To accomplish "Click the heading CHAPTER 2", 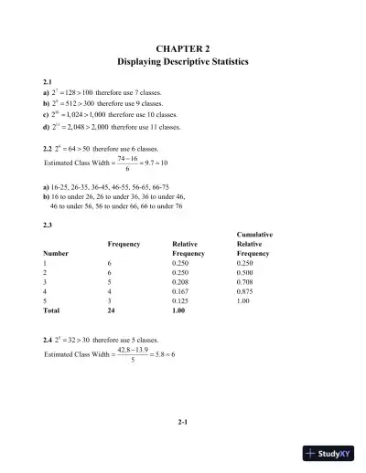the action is [x=183, y=46].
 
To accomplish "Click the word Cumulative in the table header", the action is [x=253, y=235].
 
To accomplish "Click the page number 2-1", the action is [x=183, y=421].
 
